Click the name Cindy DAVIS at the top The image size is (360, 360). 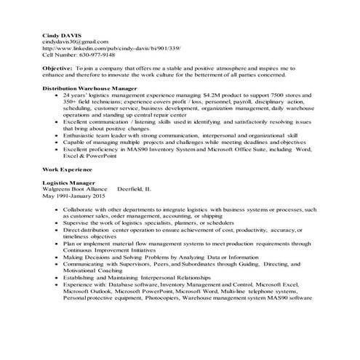60,34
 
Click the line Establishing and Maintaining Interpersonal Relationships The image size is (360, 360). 158,276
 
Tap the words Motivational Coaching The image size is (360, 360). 95,270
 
